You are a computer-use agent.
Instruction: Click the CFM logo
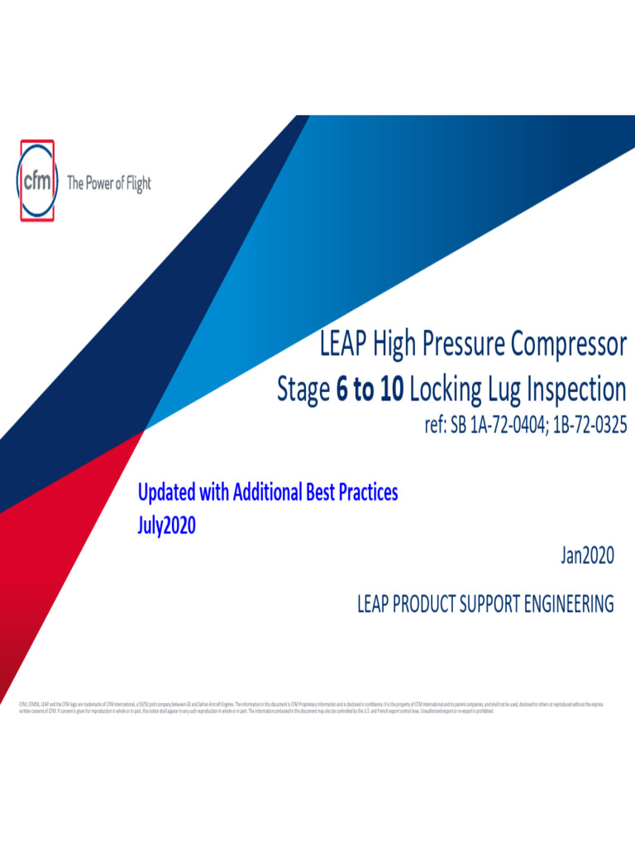(x=36, y=180)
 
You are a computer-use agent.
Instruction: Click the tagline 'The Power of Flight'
(x=108, y=184)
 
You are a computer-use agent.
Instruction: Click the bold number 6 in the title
(x=341, y=390)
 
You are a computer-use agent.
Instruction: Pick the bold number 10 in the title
(x=392, y=390)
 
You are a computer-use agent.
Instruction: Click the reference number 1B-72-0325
(x=585, y=426)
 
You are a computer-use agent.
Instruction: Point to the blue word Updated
(x=167, y=493)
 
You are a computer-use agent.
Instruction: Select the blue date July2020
(x=166, y=525)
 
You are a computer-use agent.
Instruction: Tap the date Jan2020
(x=588, y=557)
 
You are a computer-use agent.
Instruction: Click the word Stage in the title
(x=303, y=390)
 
